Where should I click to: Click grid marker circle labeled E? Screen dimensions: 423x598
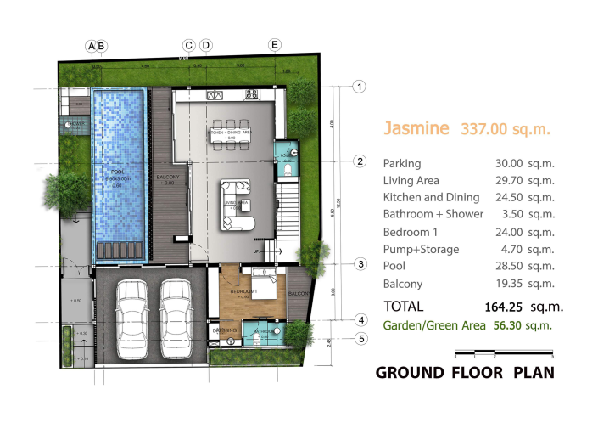click(274, 44)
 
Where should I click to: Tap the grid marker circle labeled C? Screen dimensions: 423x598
click(189, 44)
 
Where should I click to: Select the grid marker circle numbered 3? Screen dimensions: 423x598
click(360, 264)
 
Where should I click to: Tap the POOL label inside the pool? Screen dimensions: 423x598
click(119, 172)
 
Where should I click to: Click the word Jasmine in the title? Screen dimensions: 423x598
click(415, 129)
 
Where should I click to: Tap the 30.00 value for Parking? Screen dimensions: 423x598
click(511, 163)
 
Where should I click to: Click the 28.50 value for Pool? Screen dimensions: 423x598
click(511, 266)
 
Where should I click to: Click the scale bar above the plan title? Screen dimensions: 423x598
click(504, 352)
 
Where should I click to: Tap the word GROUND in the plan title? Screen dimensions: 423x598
click(411, 373)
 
